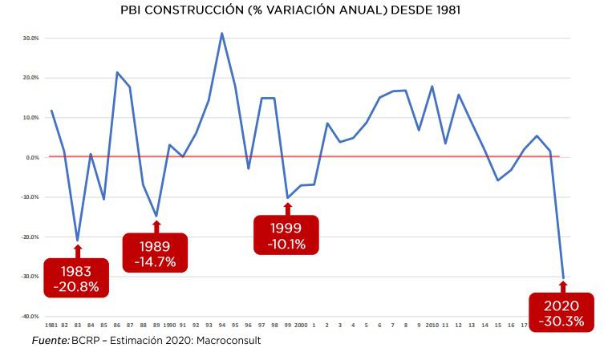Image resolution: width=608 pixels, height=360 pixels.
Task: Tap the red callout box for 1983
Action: click(x=77, y=277)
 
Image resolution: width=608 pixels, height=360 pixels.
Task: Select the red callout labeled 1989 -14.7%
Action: click(x=155, y=253)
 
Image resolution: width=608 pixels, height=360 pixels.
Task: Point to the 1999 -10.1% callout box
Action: click(x=286, y=235)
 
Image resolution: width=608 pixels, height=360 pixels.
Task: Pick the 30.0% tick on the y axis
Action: click(x=30, y=38)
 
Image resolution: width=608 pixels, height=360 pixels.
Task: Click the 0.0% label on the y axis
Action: click(x=32, y=157)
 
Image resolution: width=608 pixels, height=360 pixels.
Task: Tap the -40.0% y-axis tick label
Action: click(x=30, y=316)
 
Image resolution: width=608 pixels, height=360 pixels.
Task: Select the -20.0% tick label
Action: click(x=30, y=237)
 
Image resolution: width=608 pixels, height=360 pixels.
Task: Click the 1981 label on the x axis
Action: click(x=51, y=325)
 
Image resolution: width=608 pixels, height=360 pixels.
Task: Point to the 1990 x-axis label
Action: click(x=169, y=325)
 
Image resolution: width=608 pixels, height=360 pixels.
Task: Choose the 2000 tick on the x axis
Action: click(x=300, y=325)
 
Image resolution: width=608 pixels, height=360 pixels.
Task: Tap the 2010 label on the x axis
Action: click(x=432, y=325)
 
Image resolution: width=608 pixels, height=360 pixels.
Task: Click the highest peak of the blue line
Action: click(x=221, y=34)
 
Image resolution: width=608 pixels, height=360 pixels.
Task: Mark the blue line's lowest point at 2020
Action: click(x=563, y=277)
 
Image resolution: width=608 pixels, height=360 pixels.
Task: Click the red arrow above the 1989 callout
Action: click(x=156, y=226)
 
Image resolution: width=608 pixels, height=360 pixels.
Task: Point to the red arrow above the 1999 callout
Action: click(x=287, y=208)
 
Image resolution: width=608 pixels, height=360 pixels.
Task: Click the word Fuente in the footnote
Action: click(x=49, y=341)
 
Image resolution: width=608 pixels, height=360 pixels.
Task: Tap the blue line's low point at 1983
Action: click(x=77, y=240)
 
